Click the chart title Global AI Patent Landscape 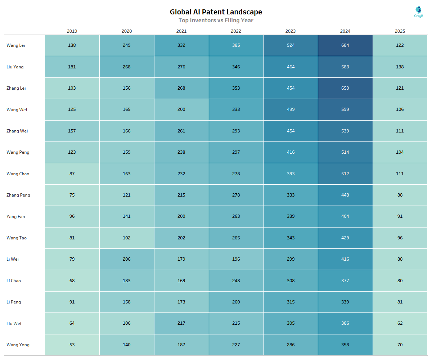[x=216, y=12]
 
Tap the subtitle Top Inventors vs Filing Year [x=216, y=21]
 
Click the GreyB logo [x=419, y=12]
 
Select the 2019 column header [x=72, y=31]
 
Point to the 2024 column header [x=345, y=31]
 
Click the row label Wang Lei [x=16, y=45]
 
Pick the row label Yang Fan [x=16, y=217]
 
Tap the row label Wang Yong [x=18, y=345]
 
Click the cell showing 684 [x=345, y=45]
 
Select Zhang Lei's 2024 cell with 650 [x=345, y=88]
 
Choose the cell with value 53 [x=72, y=345]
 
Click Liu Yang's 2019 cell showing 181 [x=72, y=67]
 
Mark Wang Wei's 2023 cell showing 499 [x=291, y=109]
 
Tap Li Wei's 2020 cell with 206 [x=127, y=259]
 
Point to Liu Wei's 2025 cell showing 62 [x=400, y=323]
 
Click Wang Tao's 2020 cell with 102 [x=127, y=238]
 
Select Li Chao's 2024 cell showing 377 [x=345, y=281]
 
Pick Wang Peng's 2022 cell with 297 [x=236, y=152]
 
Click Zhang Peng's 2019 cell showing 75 [x=72, y=195]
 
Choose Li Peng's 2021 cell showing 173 [x=181, y=302]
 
